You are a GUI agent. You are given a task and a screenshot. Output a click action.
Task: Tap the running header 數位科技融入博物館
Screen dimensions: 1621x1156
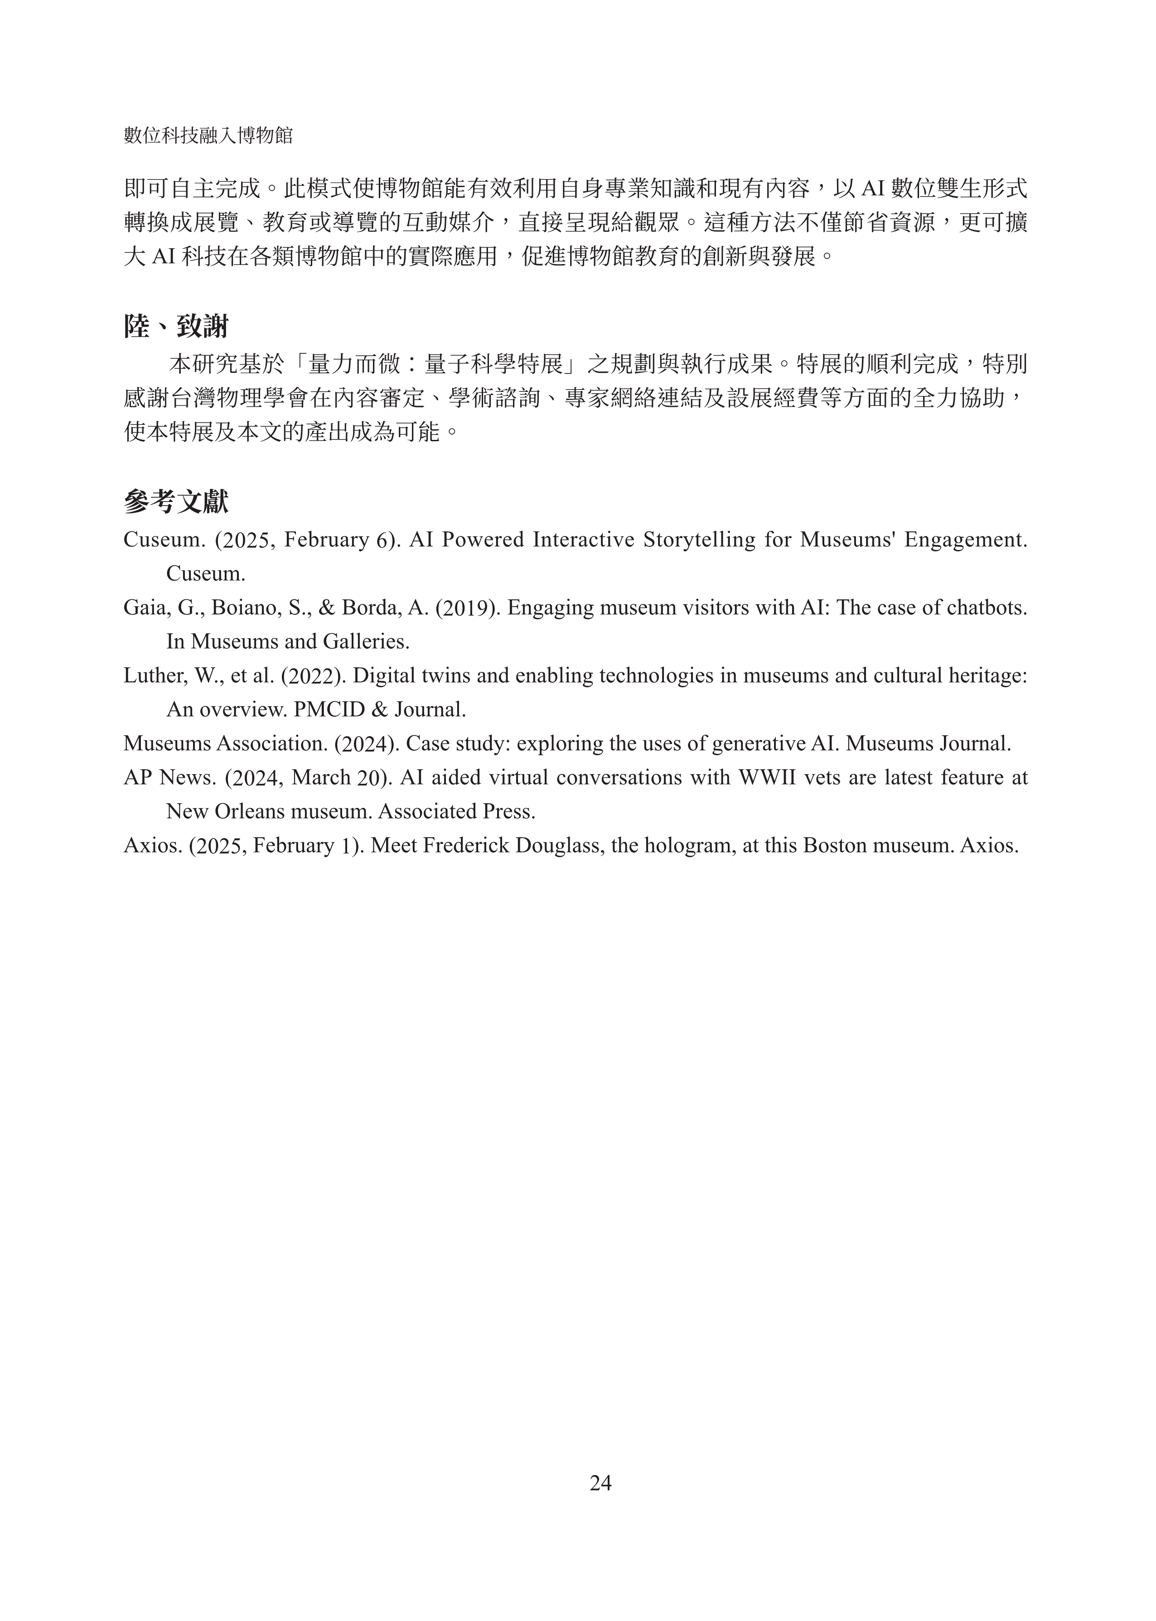click(x=208, y=135)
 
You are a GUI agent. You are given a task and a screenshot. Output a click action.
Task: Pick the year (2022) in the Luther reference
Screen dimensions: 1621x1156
click(x=313, y=675)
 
